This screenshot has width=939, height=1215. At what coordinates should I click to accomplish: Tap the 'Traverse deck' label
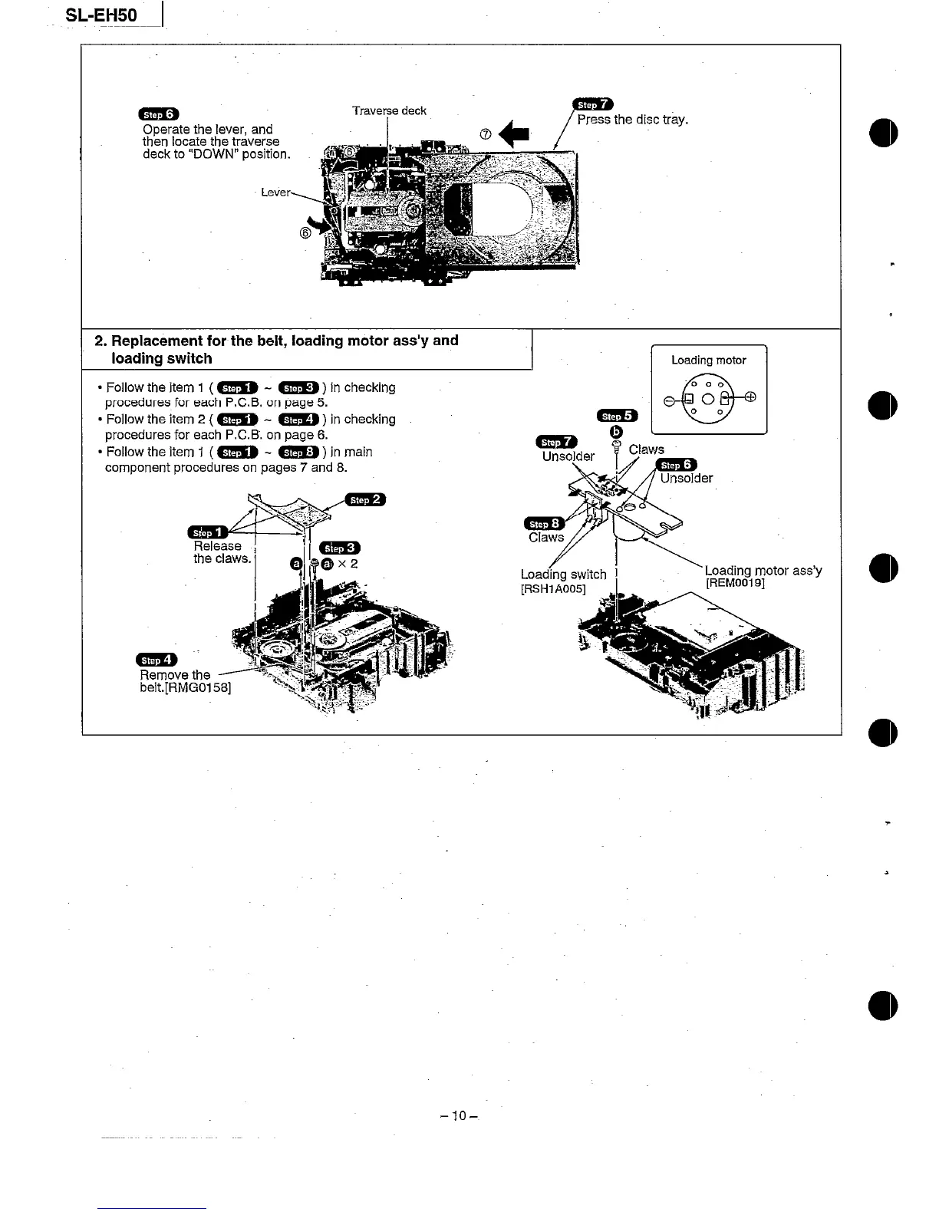point(389,110)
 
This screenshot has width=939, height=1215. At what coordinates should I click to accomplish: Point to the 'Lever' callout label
point(275,192)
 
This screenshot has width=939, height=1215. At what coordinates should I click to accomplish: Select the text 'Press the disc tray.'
point(633,120)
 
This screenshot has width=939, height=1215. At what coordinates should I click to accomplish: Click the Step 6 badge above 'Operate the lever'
point(158,116)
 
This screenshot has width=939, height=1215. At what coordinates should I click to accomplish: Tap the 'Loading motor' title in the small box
point(708,360)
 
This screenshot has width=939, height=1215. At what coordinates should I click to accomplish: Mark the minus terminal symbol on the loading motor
point(668,400)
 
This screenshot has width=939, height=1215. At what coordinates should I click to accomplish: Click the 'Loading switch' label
point(563,575)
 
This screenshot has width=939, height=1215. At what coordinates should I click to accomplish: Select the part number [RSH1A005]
point(553,589)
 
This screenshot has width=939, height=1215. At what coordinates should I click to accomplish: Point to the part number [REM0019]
point(735,583)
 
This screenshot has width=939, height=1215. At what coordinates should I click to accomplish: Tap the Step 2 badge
point(365,499)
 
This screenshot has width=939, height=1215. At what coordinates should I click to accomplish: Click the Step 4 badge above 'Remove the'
point(156,660)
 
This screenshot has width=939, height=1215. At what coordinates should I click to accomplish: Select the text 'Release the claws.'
point(222,552)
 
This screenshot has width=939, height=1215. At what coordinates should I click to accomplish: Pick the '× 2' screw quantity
point(348,564)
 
